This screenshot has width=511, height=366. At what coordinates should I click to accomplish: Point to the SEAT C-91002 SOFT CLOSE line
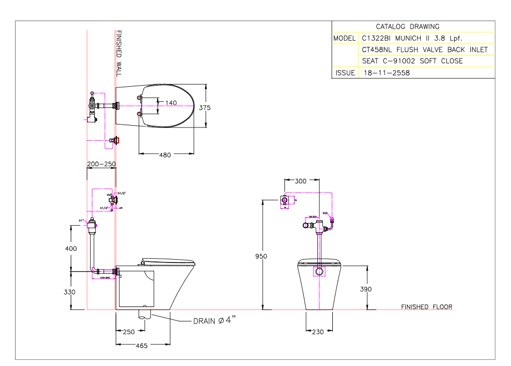tap(412, 61)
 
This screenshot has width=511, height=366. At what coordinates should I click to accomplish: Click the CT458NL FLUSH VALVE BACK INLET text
tap(424, 50)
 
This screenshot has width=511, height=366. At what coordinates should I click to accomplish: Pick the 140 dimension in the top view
tap(170, 102)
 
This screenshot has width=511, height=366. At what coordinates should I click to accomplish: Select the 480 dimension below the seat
tap(165, 155)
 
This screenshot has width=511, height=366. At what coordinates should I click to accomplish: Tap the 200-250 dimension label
tap(101, 165)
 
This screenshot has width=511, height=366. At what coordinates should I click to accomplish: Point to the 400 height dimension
tap(71, 249)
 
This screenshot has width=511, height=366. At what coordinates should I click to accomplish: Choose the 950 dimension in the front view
tap(262, 256)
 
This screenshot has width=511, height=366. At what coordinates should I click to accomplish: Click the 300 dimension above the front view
tap(300, 181)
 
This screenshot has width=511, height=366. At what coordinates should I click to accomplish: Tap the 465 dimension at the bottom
tap(142, 346)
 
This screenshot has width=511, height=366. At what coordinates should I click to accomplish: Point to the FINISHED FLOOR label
tap(426, 307)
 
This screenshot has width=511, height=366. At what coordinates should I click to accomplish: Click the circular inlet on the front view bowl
tap(319, 272)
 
